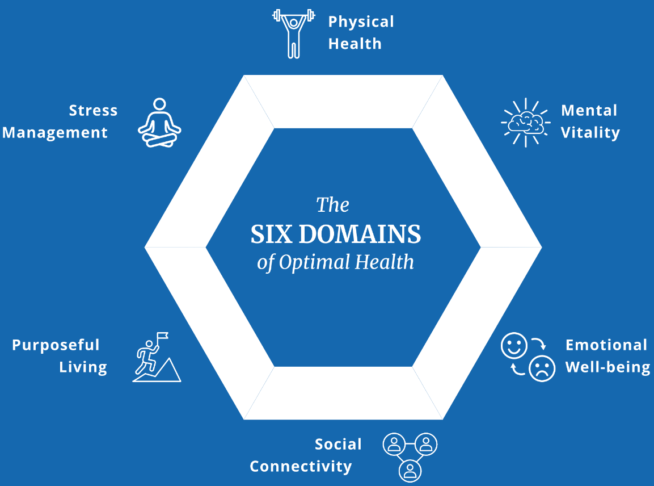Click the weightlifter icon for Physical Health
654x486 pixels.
coord(293,33)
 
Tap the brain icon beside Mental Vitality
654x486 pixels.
coord(525,122)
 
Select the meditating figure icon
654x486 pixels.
coord(159,123)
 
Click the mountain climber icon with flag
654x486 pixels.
coord(156,358)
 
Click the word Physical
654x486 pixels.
coord(361,22)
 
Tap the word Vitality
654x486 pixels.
coord(590,133)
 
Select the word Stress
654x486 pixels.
coord(93,110)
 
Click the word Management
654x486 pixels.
coord(55,133)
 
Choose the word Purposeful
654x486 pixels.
coord(56,345)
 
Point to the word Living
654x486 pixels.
coord(83,367)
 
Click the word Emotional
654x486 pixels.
coord(606,345)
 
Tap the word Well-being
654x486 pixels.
coord(607,367)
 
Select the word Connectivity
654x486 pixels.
coord(301,467)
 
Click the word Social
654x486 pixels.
coord(338,444)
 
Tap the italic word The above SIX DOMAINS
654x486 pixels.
coord(332,204)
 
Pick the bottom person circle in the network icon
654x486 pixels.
coord(410,469)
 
